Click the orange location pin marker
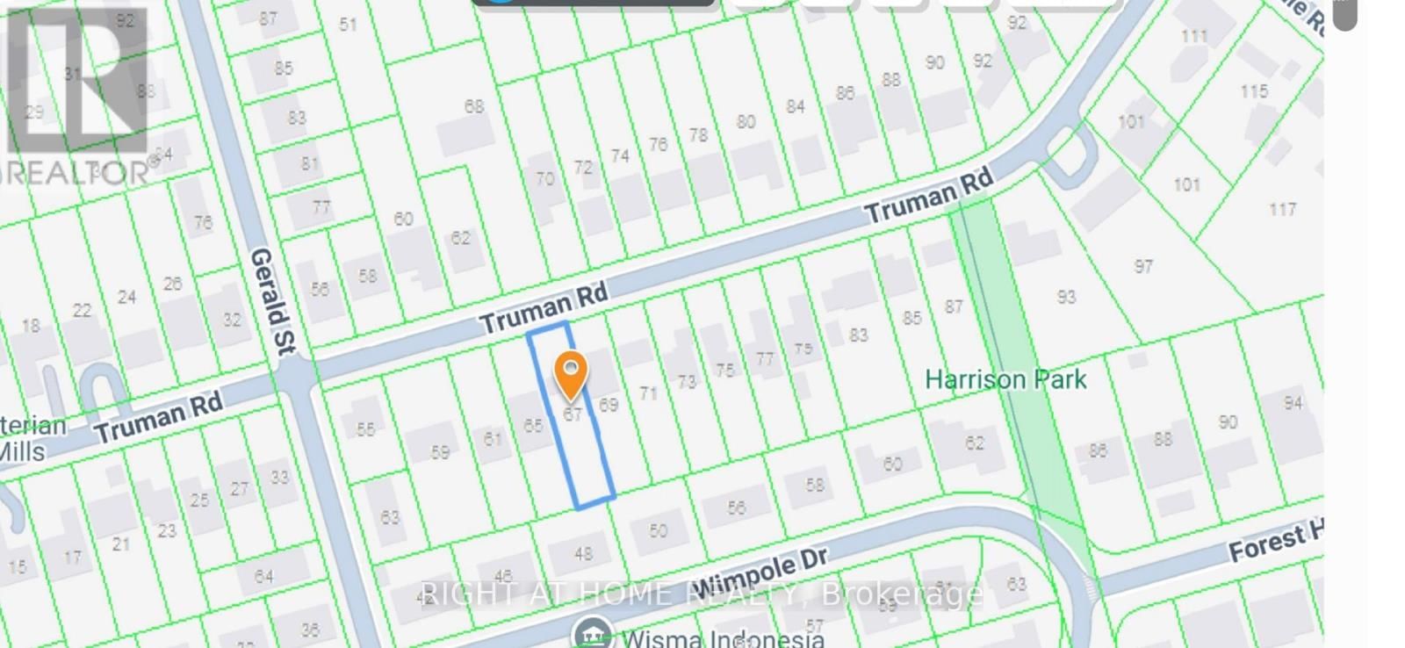(572, 375)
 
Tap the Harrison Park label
(1005, 379)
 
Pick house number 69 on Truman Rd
(609, 405)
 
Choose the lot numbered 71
(648, 393)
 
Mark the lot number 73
(687, 381)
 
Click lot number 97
(1143, 266)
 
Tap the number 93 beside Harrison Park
(1066, 297)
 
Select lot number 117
(1282, 209)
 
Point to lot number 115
(1254, 91)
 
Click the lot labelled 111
(1194, 36)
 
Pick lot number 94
(1293, 403)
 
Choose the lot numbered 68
(473, 106)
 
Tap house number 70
(544, 178)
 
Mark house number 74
(620, 156)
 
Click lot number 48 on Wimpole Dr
(583, 553)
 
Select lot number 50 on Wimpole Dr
(658, 530)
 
